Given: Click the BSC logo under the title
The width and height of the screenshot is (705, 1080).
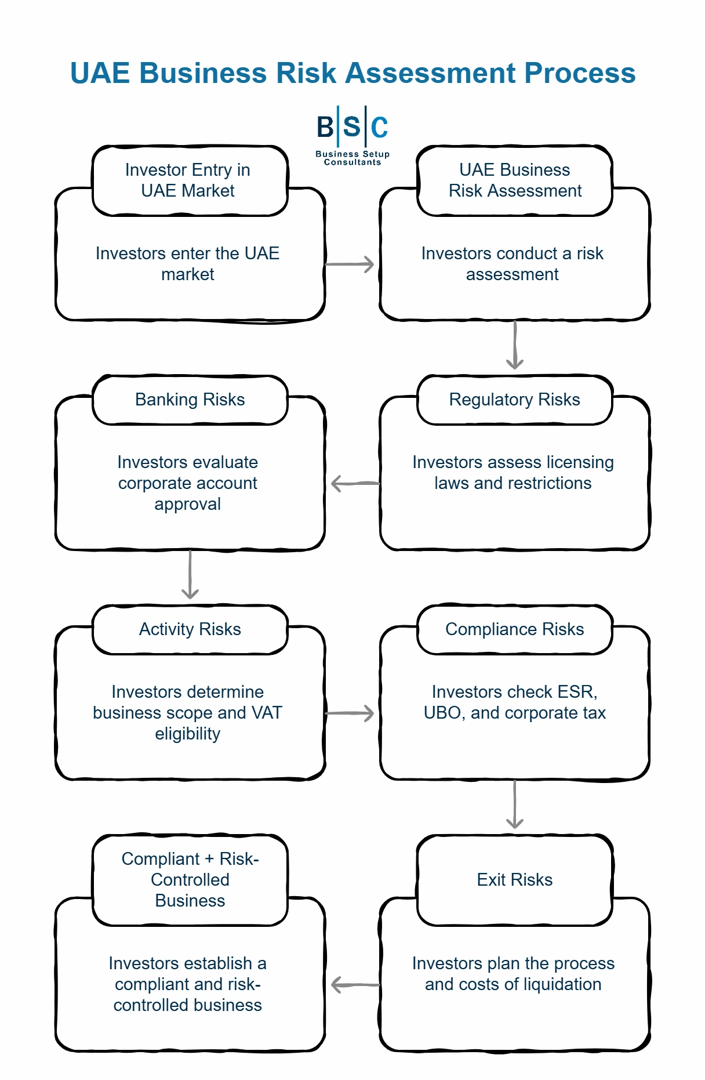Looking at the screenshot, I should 352,135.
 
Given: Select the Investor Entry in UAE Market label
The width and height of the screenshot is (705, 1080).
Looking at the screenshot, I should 188,180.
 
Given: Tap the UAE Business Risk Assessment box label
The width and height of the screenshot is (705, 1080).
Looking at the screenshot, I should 515,180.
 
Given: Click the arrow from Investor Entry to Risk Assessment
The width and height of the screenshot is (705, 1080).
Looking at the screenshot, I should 350,264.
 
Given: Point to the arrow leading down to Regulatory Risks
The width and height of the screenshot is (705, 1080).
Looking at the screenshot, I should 515,346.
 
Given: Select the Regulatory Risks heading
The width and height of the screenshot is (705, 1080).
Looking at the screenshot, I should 515,400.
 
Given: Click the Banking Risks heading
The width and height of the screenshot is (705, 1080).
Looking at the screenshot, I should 190,400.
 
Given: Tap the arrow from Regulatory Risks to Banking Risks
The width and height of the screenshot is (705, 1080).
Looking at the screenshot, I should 354,483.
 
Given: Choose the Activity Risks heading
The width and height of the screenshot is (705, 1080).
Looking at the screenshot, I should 190,629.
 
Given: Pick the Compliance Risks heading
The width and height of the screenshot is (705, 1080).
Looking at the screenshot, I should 515,629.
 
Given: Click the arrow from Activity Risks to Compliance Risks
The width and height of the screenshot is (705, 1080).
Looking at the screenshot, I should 350,713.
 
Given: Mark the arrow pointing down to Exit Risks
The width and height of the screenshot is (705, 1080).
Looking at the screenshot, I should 515,805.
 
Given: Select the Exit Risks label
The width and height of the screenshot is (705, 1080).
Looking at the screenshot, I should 515,880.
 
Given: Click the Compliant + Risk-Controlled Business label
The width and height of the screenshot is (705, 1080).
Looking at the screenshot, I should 190,880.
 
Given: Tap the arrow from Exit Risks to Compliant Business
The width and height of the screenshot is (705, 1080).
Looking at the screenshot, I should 354,984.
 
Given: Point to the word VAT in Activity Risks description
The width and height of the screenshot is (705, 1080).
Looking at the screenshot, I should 267,713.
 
